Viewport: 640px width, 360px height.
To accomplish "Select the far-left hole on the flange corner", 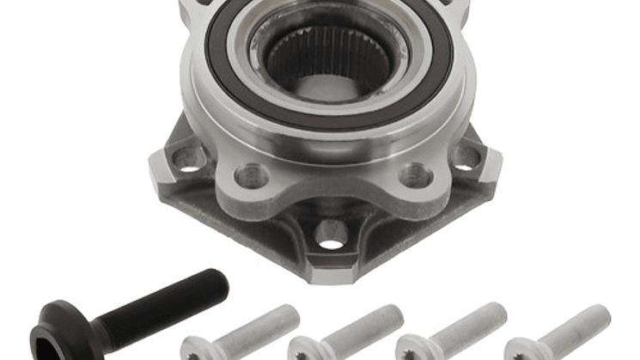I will [x=189, y=158].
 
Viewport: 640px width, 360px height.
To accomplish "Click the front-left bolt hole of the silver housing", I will [x=252, y=175].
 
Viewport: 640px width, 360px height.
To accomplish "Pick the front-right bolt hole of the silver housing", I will [x=416, y=174].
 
